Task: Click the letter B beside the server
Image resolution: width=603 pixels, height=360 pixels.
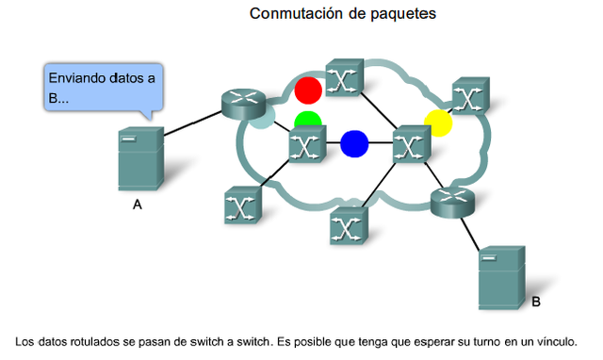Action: (536, 302)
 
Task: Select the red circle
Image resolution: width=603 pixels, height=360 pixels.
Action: (307, 90)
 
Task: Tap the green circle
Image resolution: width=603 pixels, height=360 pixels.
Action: (307, 122)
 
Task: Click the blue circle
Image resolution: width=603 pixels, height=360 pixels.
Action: (354, 143)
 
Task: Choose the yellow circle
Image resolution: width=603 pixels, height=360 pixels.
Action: (438, 123)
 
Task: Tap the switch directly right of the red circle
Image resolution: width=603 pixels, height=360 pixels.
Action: (343, 79)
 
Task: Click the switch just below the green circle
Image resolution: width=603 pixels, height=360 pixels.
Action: (307, 146)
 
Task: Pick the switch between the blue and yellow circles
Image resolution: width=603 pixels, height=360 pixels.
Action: (410, 144)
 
